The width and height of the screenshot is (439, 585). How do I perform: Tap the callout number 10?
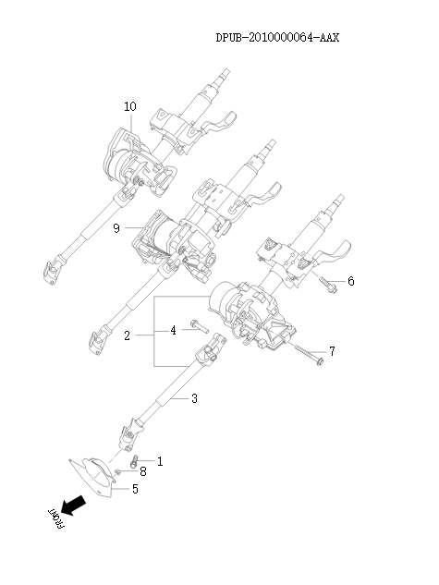(129, 106)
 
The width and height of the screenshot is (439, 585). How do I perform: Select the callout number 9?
(116, 228)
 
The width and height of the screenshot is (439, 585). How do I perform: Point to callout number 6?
(351, 280)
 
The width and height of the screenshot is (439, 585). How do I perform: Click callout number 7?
(332, 351)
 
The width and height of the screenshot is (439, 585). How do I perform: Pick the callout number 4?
(172, 330)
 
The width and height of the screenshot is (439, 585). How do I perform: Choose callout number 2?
(127, 335)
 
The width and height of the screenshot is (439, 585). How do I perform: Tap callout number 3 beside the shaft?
(193, 399)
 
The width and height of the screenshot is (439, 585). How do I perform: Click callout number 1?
(159, 460)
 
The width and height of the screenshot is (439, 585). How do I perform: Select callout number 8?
(142, 472)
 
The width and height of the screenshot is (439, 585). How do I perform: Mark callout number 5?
(135, 488)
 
